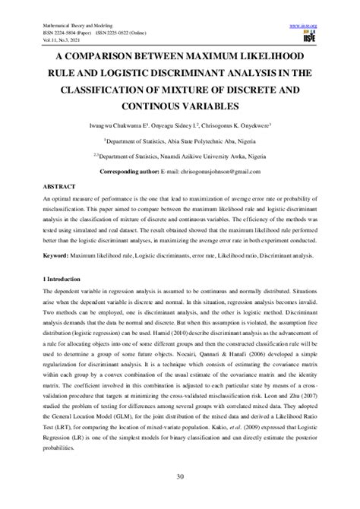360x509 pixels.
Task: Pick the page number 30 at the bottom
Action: tap(180, 476)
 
